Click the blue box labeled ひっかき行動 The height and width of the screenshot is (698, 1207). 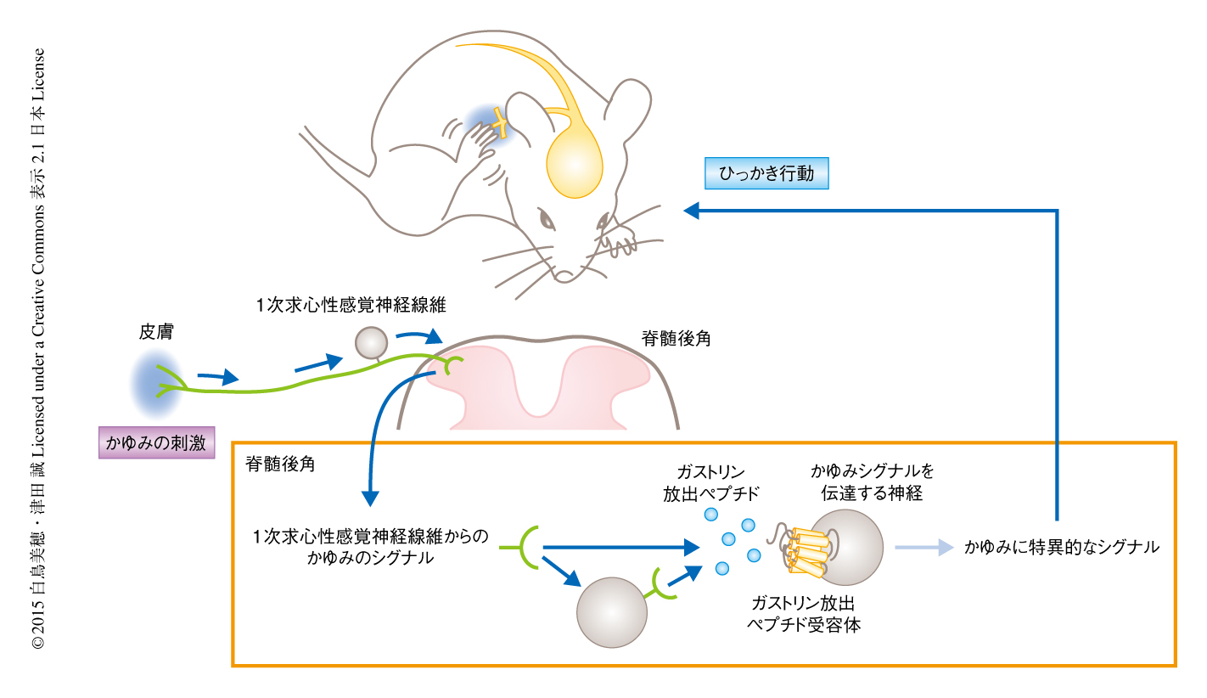click(x=766, y=174)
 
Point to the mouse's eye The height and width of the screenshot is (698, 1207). click(x=548, y=222)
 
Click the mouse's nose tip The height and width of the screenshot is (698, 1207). click(x=564, y=275)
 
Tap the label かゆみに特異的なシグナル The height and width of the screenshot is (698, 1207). click(x=1061, y=548)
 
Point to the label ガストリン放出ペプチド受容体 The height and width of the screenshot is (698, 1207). click(x=804, y=613)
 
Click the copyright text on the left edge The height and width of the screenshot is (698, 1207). click(x=37, y=349)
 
